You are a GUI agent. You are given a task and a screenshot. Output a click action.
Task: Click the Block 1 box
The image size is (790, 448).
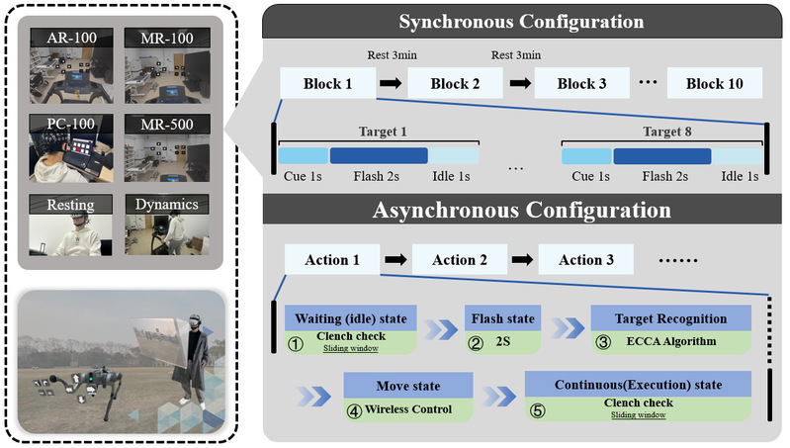[327, 83]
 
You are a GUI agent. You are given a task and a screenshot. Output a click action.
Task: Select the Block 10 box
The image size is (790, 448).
[714, 83]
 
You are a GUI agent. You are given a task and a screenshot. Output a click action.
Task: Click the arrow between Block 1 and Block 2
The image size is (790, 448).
[393, 83]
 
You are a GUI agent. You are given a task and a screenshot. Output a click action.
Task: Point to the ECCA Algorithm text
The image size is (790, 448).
[670, 342]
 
